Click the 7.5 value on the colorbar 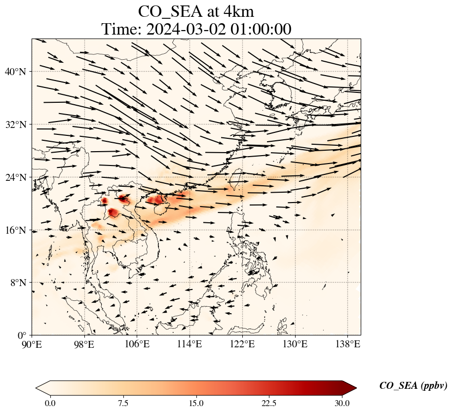click(123, 404)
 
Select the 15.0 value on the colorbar click(196, 404)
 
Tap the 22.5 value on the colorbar click(269, 404)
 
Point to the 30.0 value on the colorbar click(342, 404)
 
